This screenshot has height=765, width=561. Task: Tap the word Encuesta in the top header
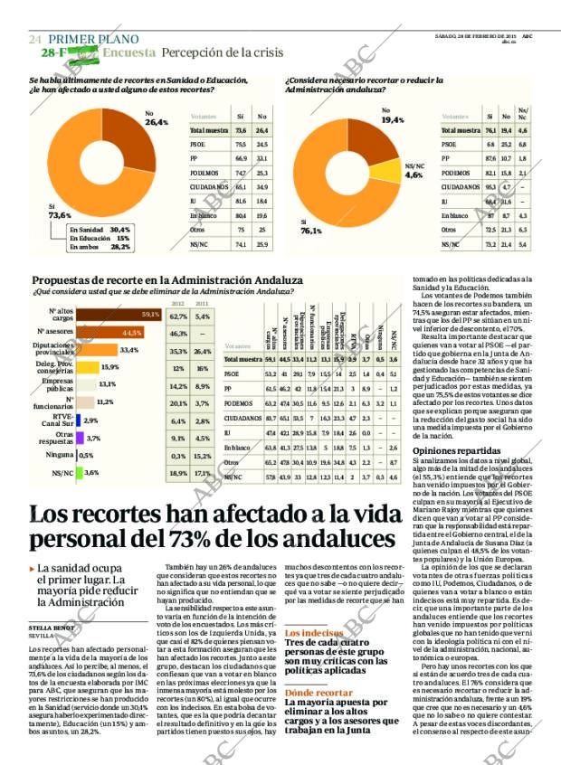(x=128, y=53)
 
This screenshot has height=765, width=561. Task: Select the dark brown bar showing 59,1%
(x=119, y=315)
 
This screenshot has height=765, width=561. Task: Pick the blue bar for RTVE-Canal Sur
(x=79, y=420)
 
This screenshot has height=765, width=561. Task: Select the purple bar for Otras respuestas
(x=80, y=438)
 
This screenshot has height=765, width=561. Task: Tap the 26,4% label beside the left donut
(x=157, y=121)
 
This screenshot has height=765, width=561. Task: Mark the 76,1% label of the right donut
(x=311, y=231)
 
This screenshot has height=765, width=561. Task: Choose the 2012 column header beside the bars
(x=178, y=304)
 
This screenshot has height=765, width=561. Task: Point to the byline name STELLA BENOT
(x=52, y=626)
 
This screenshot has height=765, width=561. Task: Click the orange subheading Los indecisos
(x=313, y=634)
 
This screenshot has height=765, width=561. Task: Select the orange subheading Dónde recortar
(x=319, y=693)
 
